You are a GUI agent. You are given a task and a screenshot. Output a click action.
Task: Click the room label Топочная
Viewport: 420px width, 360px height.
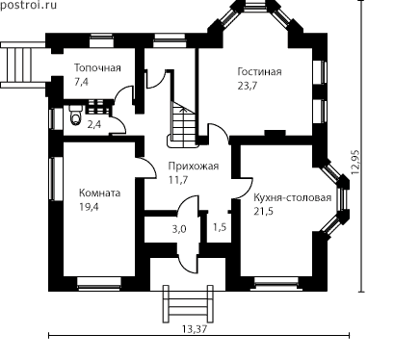point(97,68)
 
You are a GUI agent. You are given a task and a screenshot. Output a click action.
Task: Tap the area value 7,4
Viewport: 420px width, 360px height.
point(81,82)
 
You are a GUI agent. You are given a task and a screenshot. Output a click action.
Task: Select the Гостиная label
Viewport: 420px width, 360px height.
point(259,71)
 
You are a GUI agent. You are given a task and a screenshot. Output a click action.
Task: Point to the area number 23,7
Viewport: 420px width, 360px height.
point(248,86)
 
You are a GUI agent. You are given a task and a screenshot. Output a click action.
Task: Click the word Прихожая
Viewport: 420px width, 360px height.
point(194,167)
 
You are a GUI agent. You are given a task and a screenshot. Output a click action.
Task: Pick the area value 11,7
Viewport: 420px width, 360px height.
point(178,180)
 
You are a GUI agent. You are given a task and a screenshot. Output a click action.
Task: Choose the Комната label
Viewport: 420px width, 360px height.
point(100,193)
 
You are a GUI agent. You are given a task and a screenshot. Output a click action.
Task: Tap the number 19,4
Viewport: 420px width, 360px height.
point(89,207)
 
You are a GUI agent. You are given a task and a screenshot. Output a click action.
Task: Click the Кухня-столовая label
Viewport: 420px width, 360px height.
point(293,197)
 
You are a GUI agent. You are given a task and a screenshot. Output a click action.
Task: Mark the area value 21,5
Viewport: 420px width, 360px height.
point(264,212)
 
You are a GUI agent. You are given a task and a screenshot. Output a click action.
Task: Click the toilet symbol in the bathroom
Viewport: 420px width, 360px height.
point(75,116)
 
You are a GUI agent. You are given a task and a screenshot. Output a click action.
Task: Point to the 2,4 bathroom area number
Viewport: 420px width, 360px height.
point(94,124)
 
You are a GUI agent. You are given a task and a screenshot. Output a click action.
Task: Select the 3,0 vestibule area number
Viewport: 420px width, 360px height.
point(179,229)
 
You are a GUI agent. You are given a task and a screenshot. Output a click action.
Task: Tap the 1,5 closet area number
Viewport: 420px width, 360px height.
point(220,227)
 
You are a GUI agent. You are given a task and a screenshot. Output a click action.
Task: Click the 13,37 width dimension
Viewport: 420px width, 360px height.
point(195,329)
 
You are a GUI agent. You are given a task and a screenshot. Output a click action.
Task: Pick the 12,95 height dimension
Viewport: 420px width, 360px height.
point(356,163)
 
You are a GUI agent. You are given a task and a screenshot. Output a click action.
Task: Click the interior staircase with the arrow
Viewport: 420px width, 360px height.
point(183,124)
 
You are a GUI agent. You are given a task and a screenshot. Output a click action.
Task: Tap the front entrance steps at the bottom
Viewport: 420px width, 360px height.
point(188,304)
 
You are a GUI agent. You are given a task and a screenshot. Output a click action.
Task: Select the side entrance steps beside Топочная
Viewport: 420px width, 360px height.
point(23,64)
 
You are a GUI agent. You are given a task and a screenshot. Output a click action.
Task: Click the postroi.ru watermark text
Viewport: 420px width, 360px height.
point(28,5)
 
